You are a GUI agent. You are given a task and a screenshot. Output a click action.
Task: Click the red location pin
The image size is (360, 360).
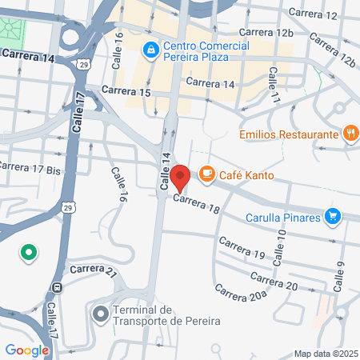[x=180, y=177]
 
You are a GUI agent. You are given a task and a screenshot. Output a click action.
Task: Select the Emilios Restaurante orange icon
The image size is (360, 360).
[x=350, y=134]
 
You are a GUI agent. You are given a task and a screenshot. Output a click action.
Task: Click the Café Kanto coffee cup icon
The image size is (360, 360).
[x=207, y=174]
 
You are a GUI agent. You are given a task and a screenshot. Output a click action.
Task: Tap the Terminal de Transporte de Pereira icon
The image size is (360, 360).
[x=101, y=314]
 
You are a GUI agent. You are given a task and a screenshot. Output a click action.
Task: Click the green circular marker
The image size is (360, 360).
[x=29, y=254]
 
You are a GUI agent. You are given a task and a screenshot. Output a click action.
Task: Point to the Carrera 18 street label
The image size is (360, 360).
[x=195, y=205]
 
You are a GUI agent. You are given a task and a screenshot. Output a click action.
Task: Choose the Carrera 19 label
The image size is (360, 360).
[x=242, y=247]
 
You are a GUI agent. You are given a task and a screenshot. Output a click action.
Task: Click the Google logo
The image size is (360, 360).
[x=26, y=350]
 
